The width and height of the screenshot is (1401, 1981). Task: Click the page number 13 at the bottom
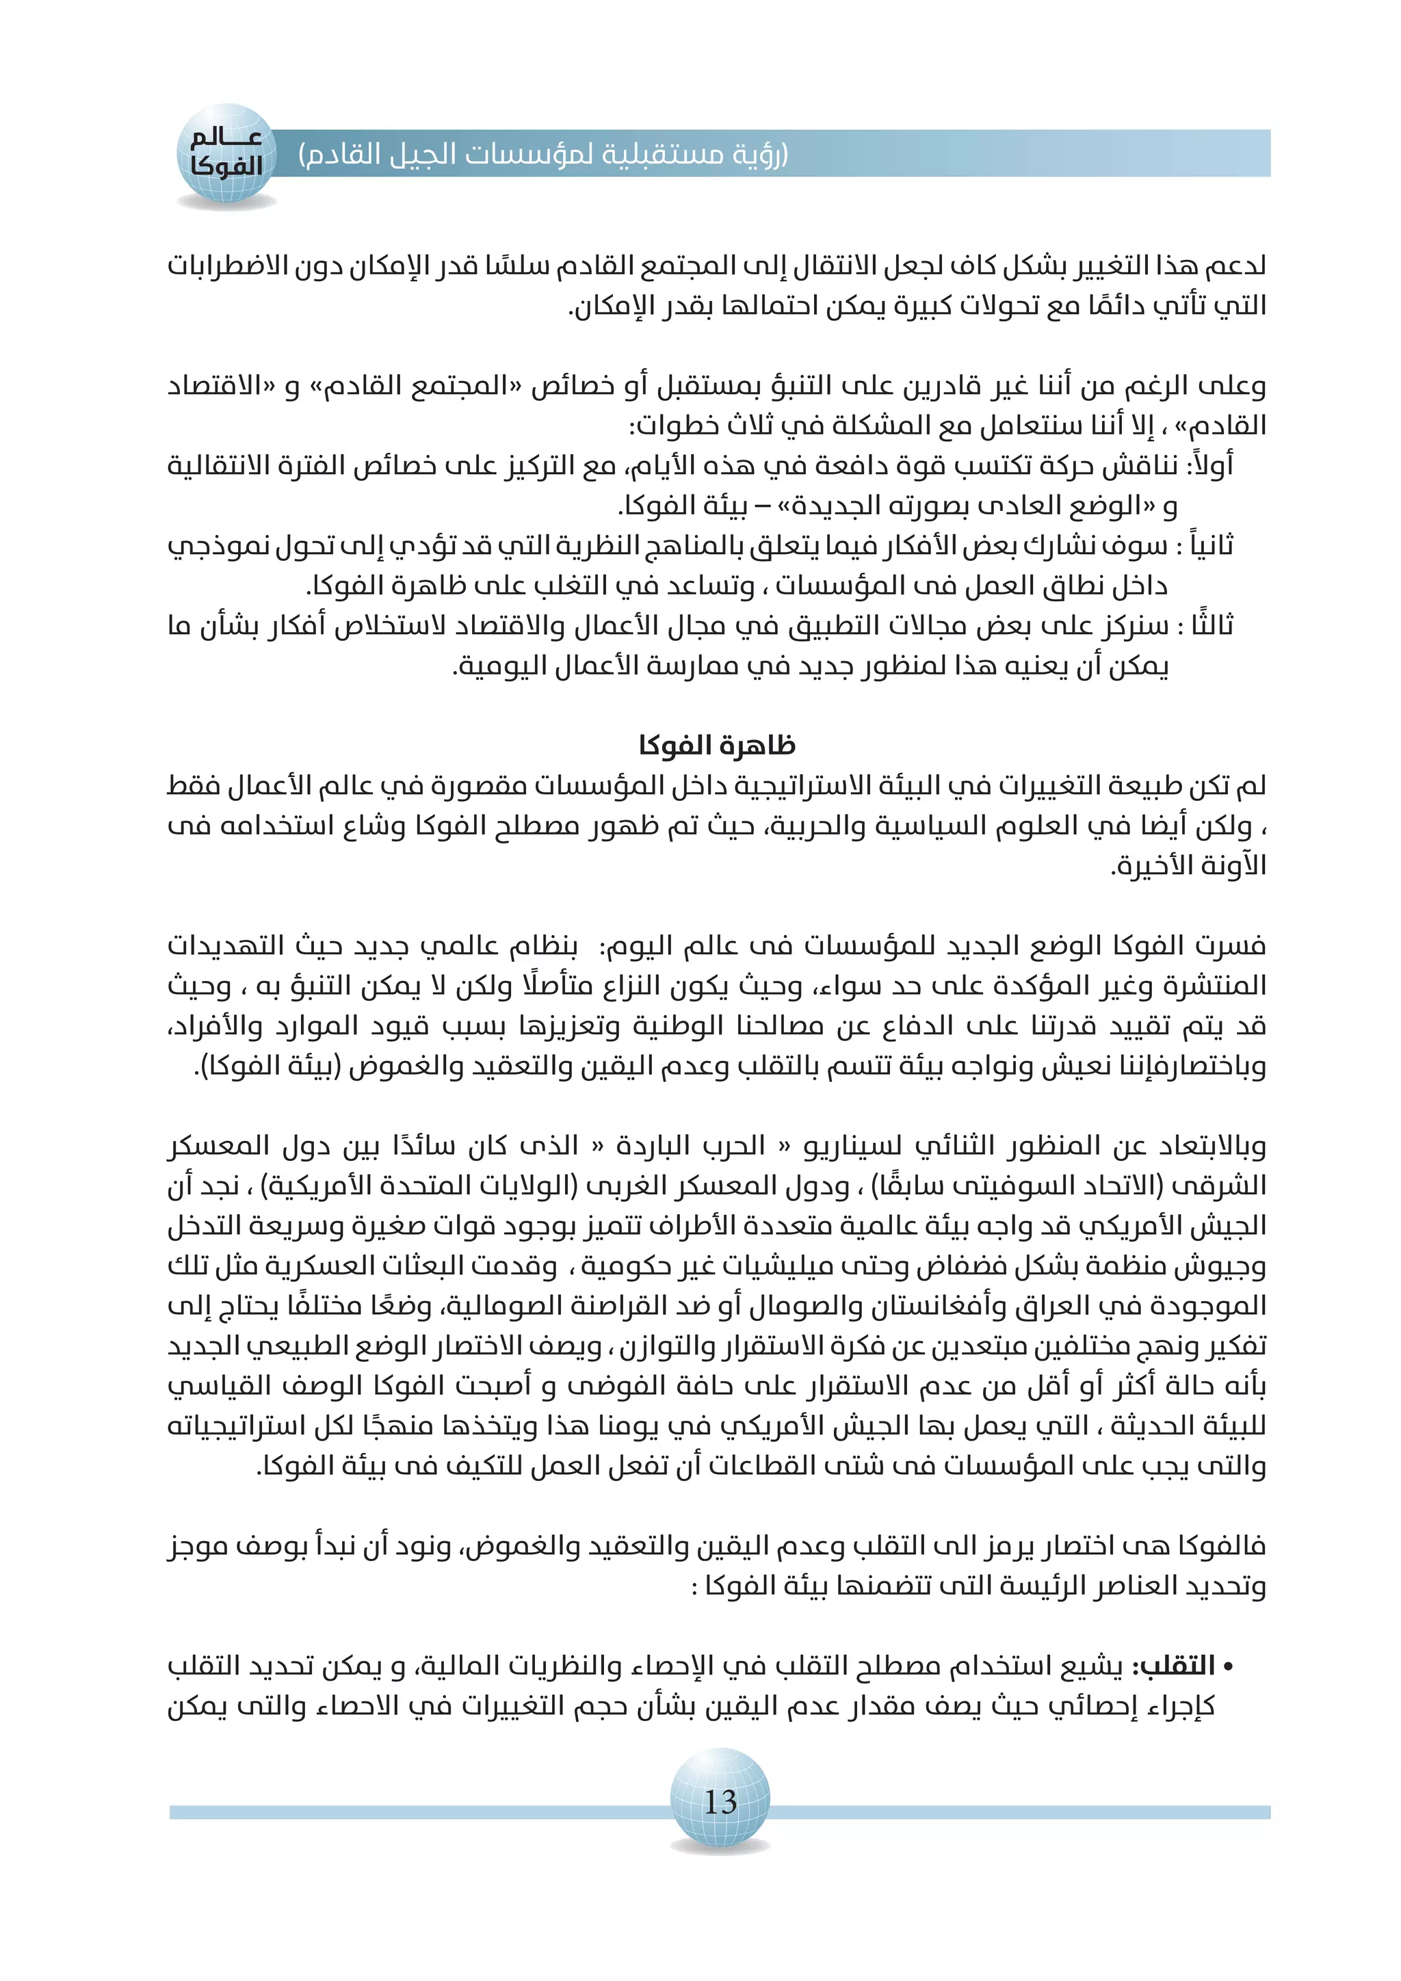click(x=720, y=1802)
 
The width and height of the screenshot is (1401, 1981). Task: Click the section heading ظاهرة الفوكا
click(x=717, y=746)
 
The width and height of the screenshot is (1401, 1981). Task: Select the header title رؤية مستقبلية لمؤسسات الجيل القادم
click(x=543, y=155)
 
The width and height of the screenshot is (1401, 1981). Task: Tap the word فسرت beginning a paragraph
click(x=1230, y=947)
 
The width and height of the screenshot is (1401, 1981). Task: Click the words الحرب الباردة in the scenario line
click(x=690, y=1146)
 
